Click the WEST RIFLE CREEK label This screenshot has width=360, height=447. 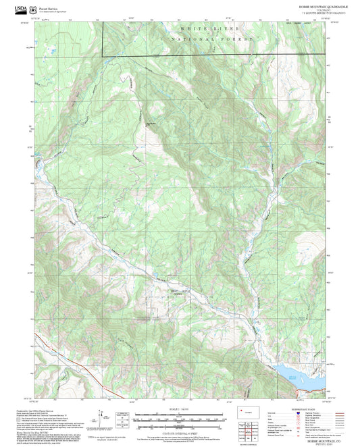click(x=176, y=292)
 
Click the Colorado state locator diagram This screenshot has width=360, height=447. click(x=247, y=413)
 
